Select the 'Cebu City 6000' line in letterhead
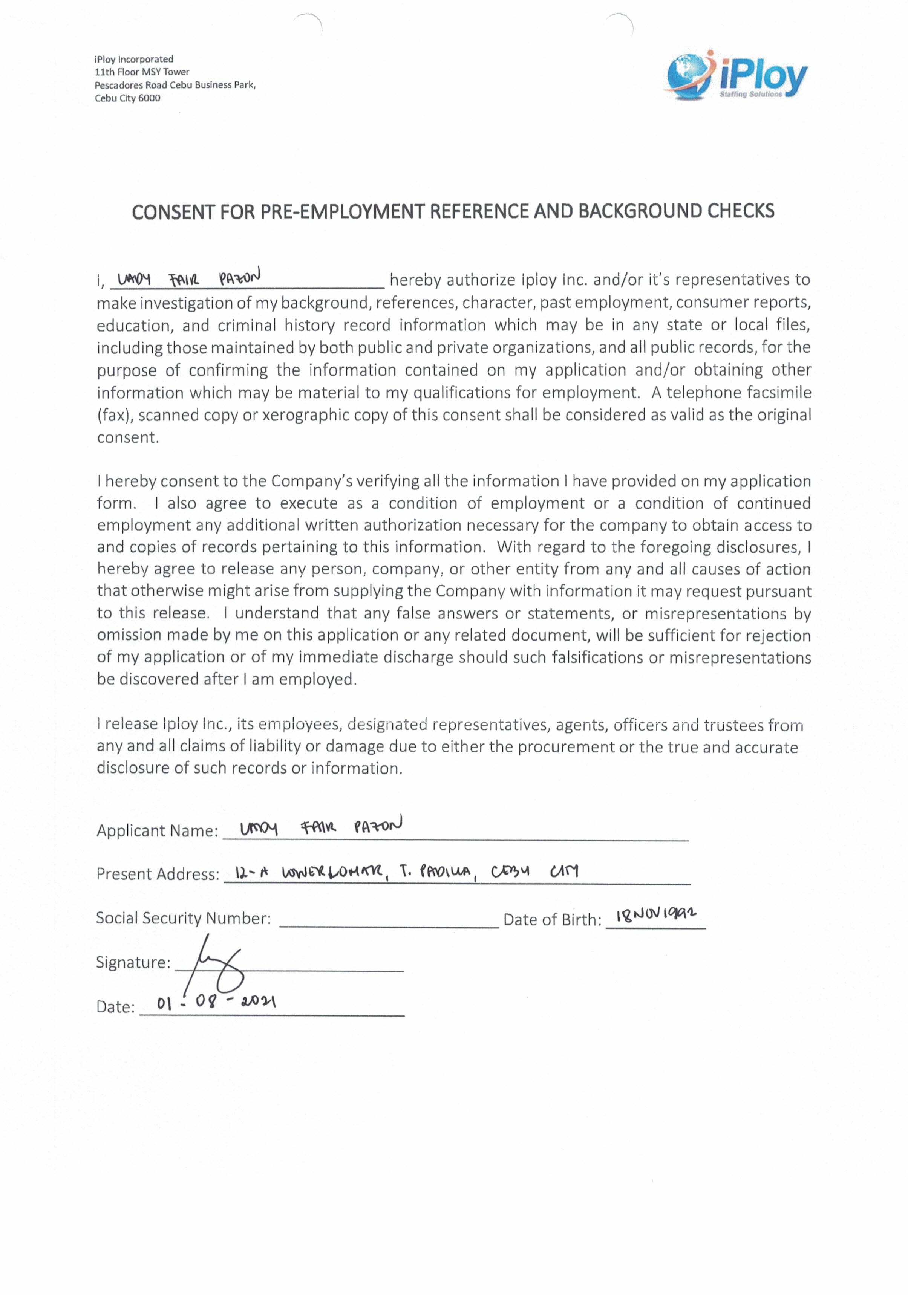pyautogui.click(x=127, y=98)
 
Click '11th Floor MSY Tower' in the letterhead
pyautogui.click(x=142, y=72)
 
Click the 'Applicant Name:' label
pyautogui.click(x=157, y=831)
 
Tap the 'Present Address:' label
pyautogui.click(x=158, y=874)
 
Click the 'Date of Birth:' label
pyautogui.click(x=552, y=920)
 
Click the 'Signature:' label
pyautogui.click(x=133, y=962)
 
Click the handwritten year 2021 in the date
pyautogui.click(x=257, y=1002)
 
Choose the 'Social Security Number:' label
pyautogui.click(x=183, y=918)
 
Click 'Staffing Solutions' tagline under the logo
pyautogui.click(x=750, y=94)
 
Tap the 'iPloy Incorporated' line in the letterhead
pyautogui.click(x=134, y=59)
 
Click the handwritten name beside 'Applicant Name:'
pyautogui.click(x=320, y=827)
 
